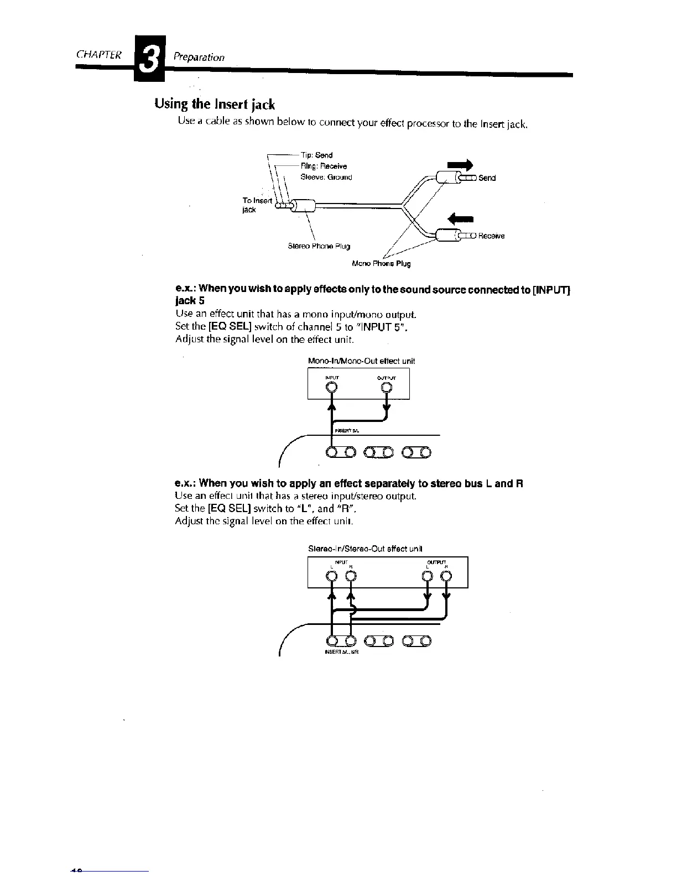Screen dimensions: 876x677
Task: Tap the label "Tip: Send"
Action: point(316,155)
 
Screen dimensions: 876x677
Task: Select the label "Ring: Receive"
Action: point(324,166)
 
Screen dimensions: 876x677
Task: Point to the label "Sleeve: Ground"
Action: point(326,177)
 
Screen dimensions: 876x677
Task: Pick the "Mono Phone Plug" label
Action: point(382,263)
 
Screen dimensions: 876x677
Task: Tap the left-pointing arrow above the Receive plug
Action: point(461,218)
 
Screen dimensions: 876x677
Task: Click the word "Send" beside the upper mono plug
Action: point(487,178)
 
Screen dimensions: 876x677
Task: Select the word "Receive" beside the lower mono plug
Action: point(491,236)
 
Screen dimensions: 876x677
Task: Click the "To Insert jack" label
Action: point(257,205)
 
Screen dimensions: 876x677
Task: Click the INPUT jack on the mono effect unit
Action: point(331,387)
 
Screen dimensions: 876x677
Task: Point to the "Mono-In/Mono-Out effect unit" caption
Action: point(361,361)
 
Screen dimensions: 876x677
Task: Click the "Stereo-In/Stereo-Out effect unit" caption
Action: point(365,549)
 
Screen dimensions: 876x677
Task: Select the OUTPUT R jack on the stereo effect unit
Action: point(447,576)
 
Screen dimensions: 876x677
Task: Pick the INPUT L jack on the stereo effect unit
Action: point(331,576)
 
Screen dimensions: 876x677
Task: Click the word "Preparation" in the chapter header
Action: point(199,57)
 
